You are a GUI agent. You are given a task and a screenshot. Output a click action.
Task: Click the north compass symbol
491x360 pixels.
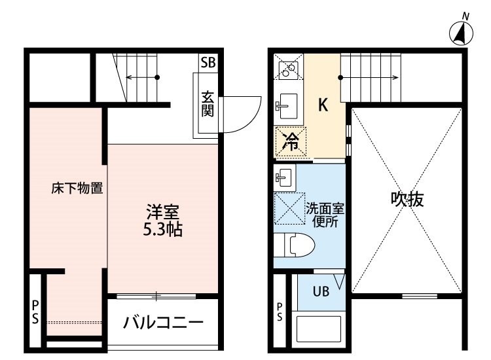461,33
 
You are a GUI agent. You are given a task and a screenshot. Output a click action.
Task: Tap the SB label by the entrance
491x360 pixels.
208,63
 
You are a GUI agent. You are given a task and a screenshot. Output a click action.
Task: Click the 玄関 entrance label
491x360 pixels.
208,103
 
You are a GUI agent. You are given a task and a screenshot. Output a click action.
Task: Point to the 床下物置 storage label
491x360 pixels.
77,188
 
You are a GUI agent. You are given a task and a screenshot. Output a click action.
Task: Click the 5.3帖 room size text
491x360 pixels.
163,230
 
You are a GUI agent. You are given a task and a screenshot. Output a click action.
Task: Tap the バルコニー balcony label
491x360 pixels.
163,323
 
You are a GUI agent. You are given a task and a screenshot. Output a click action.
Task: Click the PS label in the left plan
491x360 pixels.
35,312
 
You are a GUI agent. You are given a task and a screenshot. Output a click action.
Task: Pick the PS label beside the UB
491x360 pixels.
280,312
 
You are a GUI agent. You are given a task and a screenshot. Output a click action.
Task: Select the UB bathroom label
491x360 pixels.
321,291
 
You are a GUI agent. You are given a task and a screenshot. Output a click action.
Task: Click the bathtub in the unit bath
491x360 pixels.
318,329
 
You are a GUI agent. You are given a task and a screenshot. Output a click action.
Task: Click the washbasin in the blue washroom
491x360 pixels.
284,178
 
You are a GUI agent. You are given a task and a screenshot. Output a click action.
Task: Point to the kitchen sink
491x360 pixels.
287,106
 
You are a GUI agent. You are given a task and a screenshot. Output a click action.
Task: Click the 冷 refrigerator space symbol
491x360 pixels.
291,141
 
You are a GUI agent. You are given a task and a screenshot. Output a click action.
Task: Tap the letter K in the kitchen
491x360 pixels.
323,105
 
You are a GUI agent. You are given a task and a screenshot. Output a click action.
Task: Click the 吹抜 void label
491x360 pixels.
407,199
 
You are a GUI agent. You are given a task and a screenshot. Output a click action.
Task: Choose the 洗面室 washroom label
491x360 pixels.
325,209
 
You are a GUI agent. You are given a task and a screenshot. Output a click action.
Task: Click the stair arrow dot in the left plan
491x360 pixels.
158,77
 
